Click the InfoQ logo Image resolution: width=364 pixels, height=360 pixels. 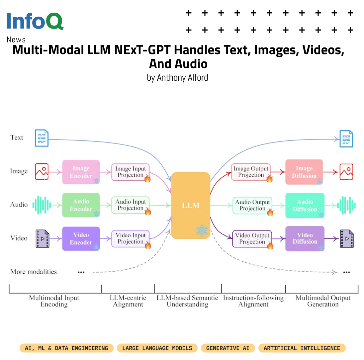click(35, 21)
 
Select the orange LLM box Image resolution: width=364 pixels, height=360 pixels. click(191, 205)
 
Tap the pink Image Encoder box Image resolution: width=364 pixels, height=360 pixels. click(81, 172)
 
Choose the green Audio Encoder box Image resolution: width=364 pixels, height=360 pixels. click(81, 205)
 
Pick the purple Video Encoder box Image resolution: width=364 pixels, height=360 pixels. click(81, 238)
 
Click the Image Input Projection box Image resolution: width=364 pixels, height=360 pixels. click(131, 172)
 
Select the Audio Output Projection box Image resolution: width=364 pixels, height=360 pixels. click(252, 205)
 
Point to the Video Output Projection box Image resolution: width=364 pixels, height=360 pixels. click(252, 238)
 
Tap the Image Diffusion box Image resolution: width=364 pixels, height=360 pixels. click(304, 172)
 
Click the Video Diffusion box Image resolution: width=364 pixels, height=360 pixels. click(305, 238)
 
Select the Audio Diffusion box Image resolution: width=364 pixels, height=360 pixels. click(305, 205)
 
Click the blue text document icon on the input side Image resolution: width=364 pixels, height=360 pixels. click(42, 138)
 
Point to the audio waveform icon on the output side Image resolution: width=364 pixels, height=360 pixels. click(346, 205)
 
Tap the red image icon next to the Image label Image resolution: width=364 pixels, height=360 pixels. click(42, 171)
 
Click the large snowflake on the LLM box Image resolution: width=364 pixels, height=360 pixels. click(202, 230)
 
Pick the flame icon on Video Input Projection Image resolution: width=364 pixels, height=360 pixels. click(147, 245)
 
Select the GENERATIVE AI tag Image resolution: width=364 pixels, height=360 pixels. click(228, 348)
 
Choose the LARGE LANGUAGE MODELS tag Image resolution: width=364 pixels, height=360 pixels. click(157, 348)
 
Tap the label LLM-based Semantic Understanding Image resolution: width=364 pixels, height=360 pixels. click(187, 301)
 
